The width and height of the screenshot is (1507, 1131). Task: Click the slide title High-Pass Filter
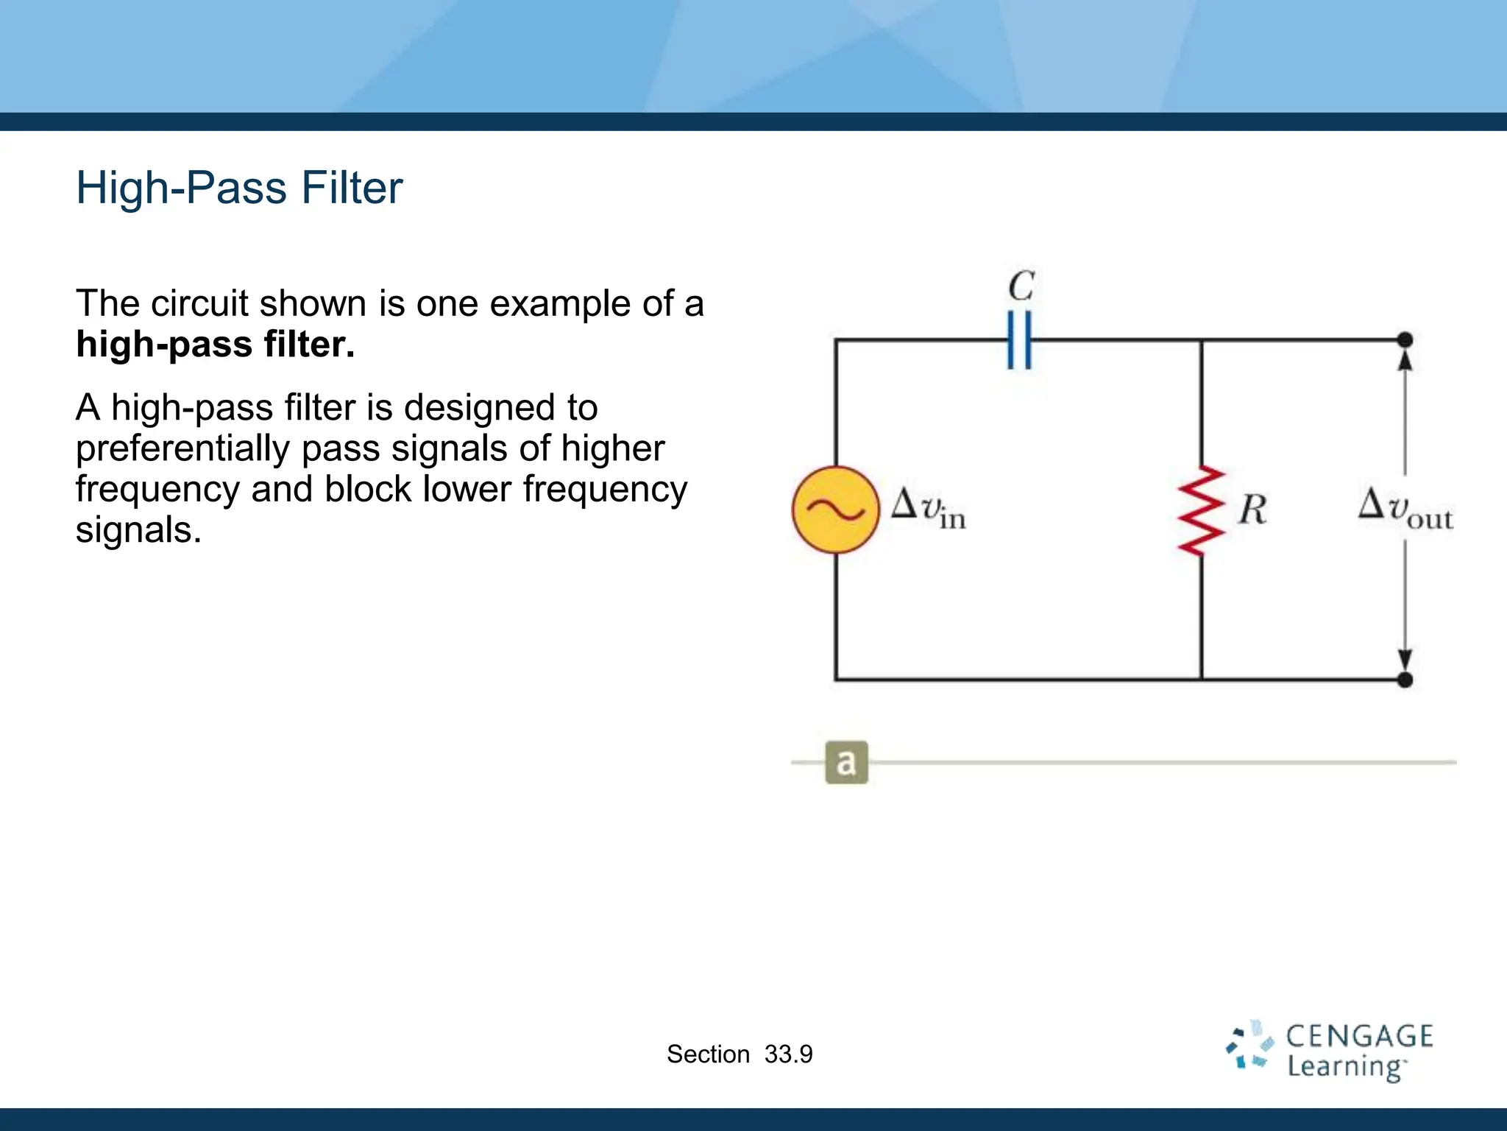(x=239, y=188)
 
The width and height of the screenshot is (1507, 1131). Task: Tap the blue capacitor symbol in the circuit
(x=1019, y=340)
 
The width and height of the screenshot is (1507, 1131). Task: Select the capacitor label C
(x=1021, y=286)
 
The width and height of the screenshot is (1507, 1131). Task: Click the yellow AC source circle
(x=835, y=510)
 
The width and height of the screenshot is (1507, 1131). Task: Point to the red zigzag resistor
(x=1201, y=510)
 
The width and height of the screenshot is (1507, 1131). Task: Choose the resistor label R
(x=1252, y=510)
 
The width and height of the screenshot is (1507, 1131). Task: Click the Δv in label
(x=928, y=508)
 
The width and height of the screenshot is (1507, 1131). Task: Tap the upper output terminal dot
(x=1405, y=340)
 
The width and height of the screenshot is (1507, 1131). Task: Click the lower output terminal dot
(x=1405, y=680)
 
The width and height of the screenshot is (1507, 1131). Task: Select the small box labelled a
(x=846, y=762)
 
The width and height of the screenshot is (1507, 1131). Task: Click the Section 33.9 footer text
(x=740, y=1054)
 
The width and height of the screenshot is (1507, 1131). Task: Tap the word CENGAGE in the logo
(x=1359, y=1036)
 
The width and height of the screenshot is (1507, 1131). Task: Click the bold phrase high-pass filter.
(x=215, y=345)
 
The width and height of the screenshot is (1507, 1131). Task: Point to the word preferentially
(x=182, y=449)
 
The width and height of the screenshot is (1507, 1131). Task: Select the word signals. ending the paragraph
(x=138, y=530)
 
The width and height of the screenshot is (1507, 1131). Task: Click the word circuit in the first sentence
(x=199, y=303)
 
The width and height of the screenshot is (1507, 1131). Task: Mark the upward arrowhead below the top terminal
(x=1405, y=361)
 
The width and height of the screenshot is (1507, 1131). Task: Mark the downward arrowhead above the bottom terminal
(x=1405, y=659)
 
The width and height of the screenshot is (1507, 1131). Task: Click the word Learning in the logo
(x=1345, y=1067)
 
